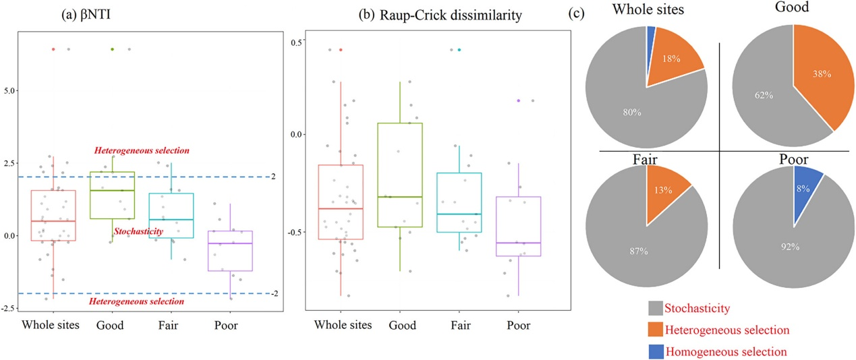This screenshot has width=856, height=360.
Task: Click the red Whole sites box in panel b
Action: pyautogui.click(x=340, y=202)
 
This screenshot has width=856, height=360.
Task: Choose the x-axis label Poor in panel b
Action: pyautogui.click(x=519, y=326)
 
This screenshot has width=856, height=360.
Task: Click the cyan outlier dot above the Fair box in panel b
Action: pyautogui.click(x=459, y=50)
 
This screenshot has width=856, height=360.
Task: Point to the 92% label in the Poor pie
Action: pyautogui.click(x=790, y=247)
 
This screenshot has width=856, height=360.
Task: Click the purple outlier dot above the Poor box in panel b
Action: pyautogui.click(x=519, y=100)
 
